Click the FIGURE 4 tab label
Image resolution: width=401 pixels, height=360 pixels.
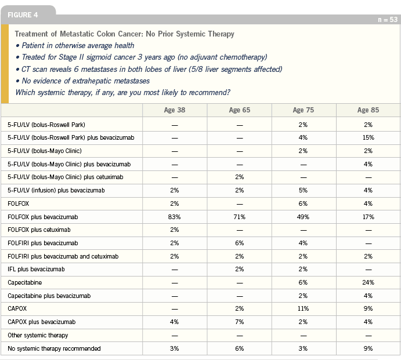point(23,15)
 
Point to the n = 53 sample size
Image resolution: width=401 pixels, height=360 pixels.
point(388,20)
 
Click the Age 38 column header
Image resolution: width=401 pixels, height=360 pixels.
point(175,110)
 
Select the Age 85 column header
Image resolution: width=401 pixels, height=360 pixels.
point(369,110)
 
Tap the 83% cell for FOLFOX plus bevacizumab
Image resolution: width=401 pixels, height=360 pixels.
point(175,217)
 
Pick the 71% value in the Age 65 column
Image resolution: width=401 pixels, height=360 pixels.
point(239,217)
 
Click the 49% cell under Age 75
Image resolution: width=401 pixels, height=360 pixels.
point(303,217)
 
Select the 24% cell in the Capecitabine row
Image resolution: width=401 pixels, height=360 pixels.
point(369,282)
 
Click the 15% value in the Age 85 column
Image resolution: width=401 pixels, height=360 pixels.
point(369,137)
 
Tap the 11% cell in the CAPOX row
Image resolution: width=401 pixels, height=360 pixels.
point(303,308)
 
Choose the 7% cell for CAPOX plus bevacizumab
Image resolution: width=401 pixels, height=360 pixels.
point(239,322)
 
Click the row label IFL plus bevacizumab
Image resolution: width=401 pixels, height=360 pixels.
point(36,270)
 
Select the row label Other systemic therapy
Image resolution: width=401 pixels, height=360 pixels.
point(38,335)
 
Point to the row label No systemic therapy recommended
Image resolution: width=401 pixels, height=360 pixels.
point(54,348)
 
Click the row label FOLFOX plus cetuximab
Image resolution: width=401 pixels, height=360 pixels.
point(39,230)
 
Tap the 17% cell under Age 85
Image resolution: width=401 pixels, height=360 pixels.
point(369,217)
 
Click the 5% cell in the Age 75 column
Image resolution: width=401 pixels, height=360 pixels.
point(303,190)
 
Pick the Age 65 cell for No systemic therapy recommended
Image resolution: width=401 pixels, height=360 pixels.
point(239,348)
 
